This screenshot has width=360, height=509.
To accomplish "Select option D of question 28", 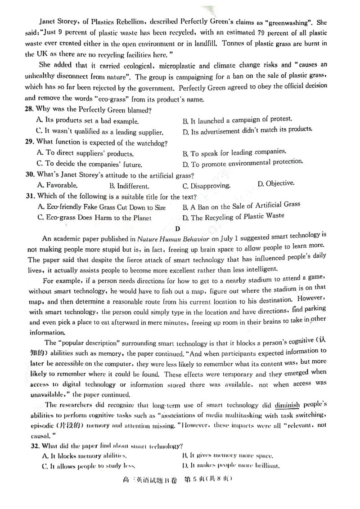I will point(247,131).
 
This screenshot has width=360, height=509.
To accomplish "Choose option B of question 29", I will point(234,152).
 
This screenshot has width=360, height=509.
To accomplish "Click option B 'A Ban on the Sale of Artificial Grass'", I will point(241,205).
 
